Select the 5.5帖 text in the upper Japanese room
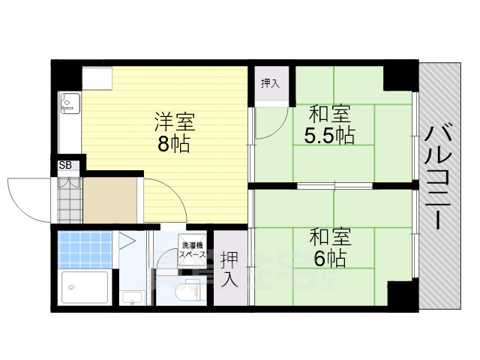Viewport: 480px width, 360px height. (329, 136)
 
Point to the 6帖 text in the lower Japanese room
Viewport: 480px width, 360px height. (329, 259)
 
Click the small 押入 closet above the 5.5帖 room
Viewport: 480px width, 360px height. (269, 83)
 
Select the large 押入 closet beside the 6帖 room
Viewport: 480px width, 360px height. (230, 268)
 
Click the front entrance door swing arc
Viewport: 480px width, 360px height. (26, 196)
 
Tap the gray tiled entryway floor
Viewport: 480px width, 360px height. (70, 201)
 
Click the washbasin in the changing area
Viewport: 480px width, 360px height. (132, 298)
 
